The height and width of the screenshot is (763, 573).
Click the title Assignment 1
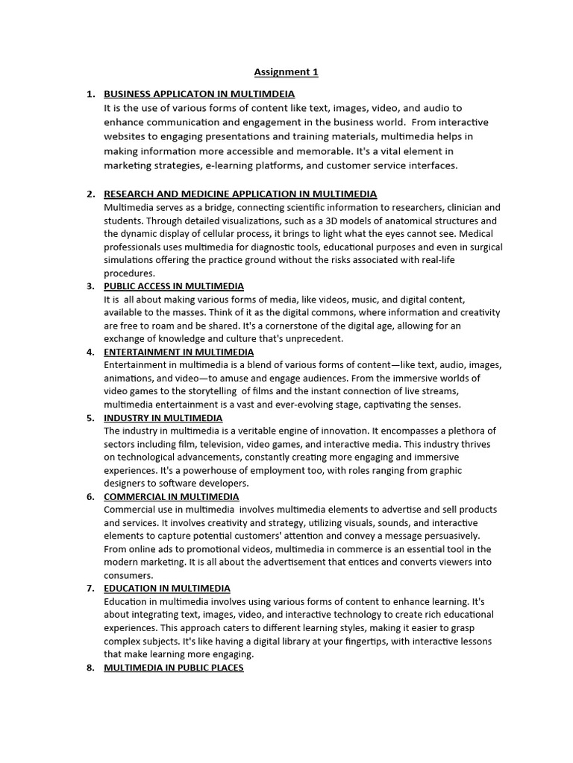coord(286,72)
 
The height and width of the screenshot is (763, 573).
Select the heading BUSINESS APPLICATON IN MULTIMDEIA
coord(199,94)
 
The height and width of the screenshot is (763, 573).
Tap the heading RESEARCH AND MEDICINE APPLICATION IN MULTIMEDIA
coord(240,194)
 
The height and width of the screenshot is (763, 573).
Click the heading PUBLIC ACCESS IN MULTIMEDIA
coord(174,286)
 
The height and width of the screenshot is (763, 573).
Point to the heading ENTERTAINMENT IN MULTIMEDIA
coord(178,352)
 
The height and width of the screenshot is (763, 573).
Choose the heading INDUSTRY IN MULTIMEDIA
coord(163,418)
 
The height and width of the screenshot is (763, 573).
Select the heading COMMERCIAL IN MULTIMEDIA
coord(172,496)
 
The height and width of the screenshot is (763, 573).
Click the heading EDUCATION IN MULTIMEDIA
coord(167,588)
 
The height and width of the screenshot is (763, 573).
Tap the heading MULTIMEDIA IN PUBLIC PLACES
coord(174,668)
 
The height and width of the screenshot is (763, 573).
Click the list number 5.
coord(90,418)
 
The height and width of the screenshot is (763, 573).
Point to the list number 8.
coord(90,668)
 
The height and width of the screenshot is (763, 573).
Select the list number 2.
coord(90,194)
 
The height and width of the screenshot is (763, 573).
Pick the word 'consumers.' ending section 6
coord(128,575)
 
